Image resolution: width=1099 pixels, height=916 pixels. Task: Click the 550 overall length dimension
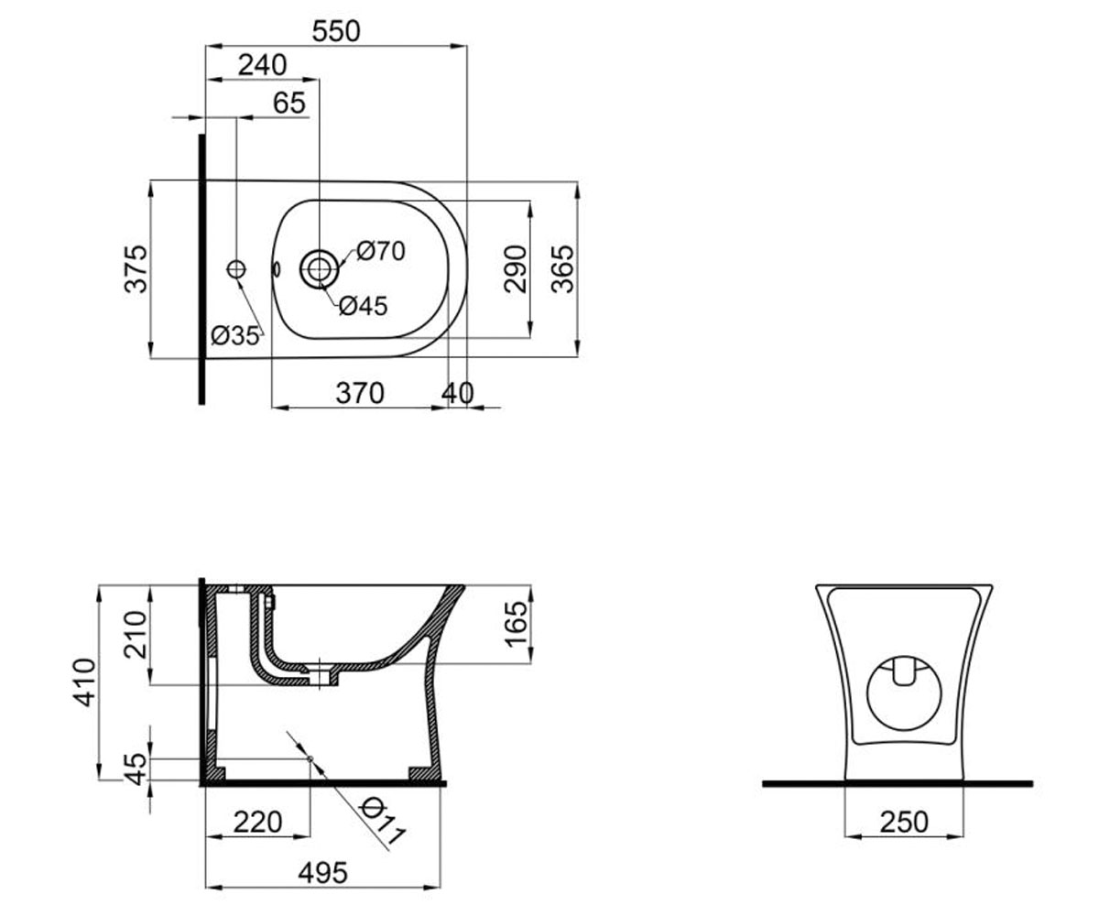(x=336, y=31)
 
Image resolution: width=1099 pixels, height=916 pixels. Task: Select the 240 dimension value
(x=262, y=65)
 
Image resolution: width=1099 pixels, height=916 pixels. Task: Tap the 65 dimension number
(x=289, y=103)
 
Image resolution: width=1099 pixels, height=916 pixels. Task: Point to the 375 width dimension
(x=136, y=268)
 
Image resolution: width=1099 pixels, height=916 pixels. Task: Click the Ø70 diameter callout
(x=381, y=251)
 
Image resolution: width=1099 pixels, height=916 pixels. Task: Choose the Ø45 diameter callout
(x=364, y=306)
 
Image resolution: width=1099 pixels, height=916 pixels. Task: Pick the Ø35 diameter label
(x=235, y=335)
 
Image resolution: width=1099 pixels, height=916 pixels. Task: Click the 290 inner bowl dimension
(x=516, y=268)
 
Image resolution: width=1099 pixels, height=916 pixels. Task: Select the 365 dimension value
(x=562, y=268)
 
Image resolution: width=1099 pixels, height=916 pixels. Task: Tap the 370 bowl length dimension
(x=360, y=393)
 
